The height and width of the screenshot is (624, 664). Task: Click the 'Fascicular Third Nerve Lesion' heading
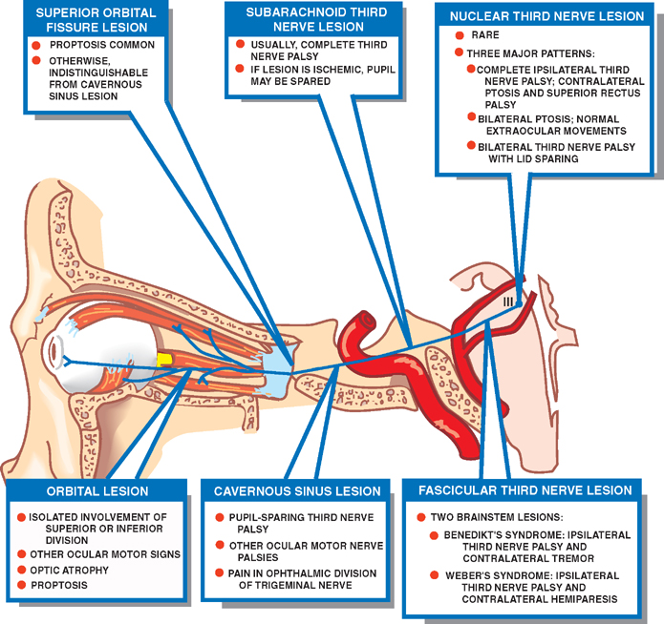pyautogui.click(x=525, y=490)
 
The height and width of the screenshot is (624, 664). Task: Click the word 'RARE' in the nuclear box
pyautogui.click(x=486, y=36)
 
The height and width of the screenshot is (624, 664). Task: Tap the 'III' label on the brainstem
pyautogui.click(x=509, y=302)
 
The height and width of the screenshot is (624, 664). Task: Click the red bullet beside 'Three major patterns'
pyautogui.click(x=460, y=52)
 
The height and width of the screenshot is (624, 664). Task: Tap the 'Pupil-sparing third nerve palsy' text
pyautogui.click(x=292, y=522)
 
